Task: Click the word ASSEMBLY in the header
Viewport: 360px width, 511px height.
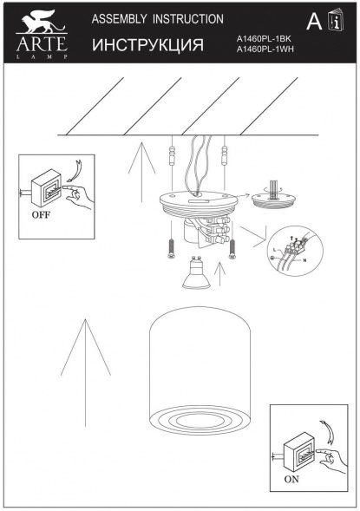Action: click(121, 18)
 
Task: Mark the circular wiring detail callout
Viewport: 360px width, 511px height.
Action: click(294, 250)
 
